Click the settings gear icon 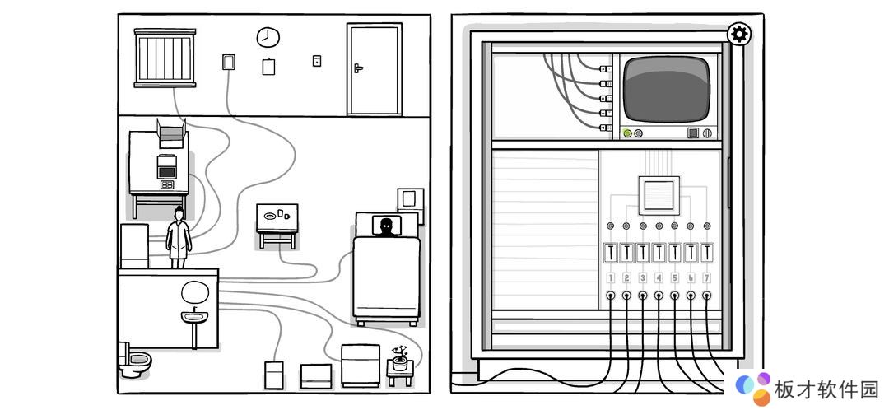click(738, 35)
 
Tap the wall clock click(268, 37)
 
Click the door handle click(358, 68)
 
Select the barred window click(165, 58)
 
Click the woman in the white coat click(179, 238)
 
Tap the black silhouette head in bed click(385, 226)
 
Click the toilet click(134, 359)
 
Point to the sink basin click(194, 316)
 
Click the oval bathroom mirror click(195, 292)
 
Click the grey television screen click(667, 89)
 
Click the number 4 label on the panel click(659, 278)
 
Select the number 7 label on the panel click(706, 278)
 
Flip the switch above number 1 click(611, 253)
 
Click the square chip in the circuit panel click(659, 196)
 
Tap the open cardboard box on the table click(172, 133)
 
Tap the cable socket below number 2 click(626, 296)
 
